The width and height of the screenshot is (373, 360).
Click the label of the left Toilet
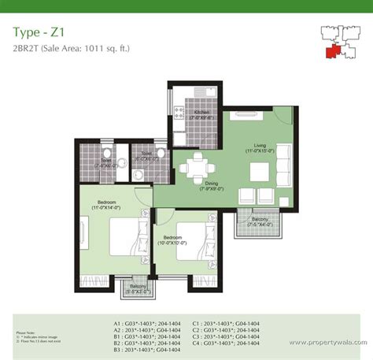[105, 163]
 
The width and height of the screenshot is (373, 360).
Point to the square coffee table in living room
[258, 173]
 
